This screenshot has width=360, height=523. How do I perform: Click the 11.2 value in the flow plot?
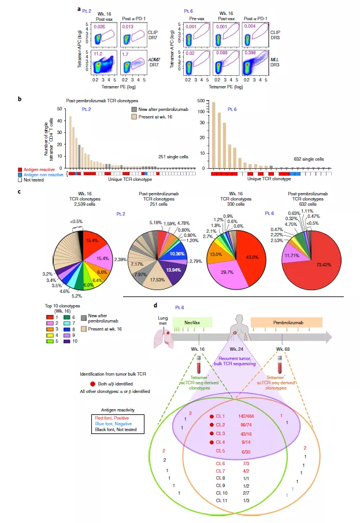coord(99,54)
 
